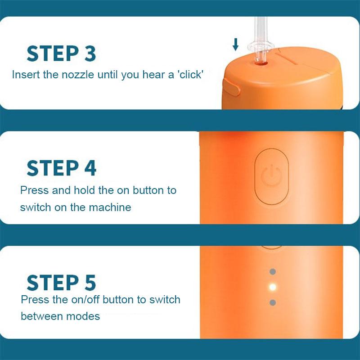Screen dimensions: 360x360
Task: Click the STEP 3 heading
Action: [61, 53]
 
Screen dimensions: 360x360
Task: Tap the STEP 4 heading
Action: [61, 167]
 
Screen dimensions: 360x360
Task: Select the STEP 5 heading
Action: [61, 282]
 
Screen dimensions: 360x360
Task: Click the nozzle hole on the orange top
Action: [260, 64]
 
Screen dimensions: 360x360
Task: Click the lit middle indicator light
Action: [272, 287]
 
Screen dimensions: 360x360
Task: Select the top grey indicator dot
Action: [272, 272]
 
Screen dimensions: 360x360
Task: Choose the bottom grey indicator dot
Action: [272, 302]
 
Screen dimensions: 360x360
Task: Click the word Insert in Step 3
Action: [26, 75]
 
